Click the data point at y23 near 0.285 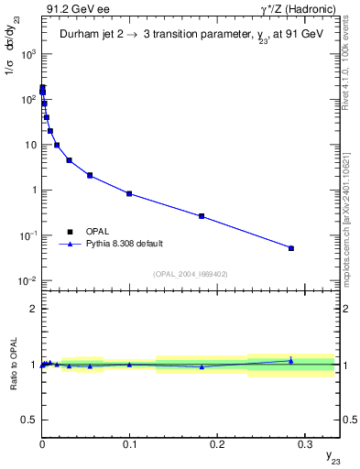(291, 248)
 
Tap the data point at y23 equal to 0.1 (129, 193)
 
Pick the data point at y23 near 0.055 (90, 175)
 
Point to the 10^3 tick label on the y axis (27, 55)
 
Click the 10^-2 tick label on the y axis (27, 281)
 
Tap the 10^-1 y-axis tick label (27, 236)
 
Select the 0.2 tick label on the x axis (217, 439)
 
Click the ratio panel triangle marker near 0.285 (291, 360)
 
